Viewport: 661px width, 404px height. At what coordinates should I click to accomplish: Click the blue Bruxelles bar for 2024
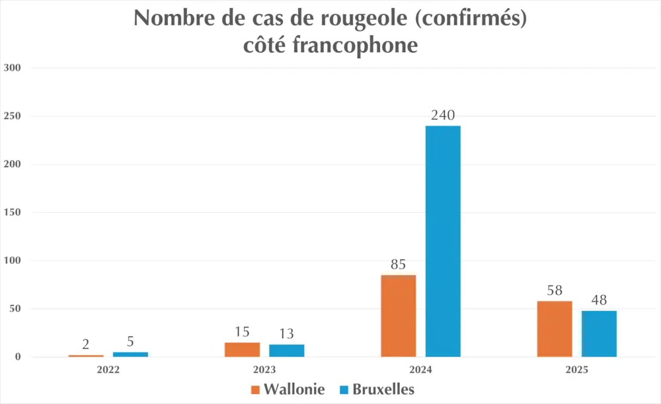click(x=443, y=241)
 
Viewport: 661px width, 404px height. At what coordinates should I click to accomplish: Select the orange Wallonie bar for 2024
click(x=399, y=315)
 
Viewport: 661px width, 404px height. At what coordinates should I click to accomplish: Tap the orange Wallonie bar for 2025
click(x=555, y=329)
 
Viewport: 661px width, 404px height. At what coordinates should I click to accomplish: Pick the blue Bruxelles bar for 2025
click(x=599, y=333)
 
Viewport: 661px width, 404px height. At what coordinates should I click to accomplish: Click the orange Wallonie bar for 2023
click(x=242, y=350)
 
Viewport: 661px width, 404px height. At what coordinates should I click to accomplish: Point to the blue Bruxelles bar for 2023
click(x=287, y=350)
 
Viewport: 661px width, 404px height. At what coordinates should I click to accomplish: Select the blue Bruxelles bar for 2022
click(x=130, y=354)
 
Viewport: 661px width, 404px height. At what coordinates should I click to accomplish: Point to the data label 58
click(x=555, y=292)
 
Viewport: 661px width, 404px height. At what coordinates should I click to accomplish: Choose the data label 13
click(x=287, y=334)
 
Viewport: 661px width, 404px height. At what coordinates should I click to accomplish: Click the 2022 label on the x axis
click(x=108, y=370)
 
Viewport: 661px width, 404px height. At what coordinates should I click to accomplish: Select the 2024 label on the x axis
click(x=420, y=370)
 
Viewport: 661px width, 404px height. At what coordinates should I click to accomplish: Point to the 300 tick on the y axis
click(x=13, y=68)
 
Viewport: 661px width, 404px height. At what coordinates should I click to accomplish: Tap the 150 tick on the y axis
click(x=13, y=213)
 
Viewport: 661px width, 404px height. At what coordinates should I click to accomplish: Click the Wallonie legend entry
click(x=288, y=389)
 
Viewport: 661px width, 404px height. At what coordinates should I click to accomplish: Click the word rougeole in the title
click(x=349, y=19)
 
